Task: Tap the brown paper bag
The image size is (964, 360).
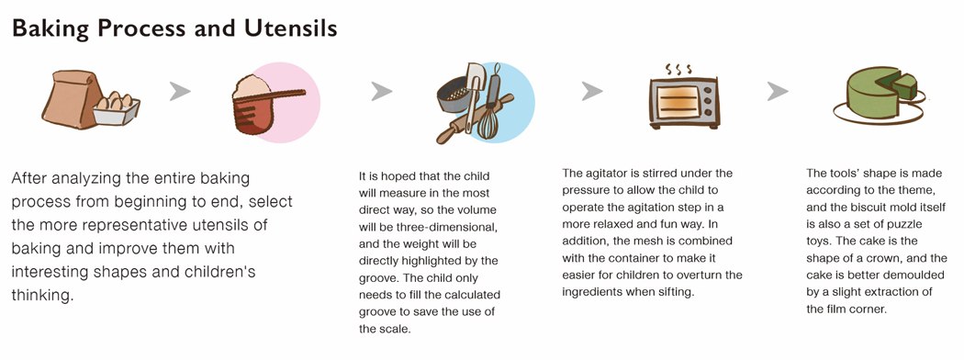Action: tap(71, 98)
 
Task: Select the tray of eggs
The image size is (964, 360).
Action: tap(117, 108)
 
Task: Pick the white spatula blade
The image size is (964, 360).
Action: tap(475, 76)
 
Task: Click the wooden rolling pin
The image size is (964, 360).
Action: tap(474, 118)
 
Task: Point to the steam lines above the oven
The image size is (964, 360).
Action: tap(678, 68)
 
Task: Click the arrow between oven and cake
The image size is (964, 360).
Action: tap(778, 92)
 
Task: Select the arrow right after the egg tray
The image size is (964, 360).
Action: tap(180, 92)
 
